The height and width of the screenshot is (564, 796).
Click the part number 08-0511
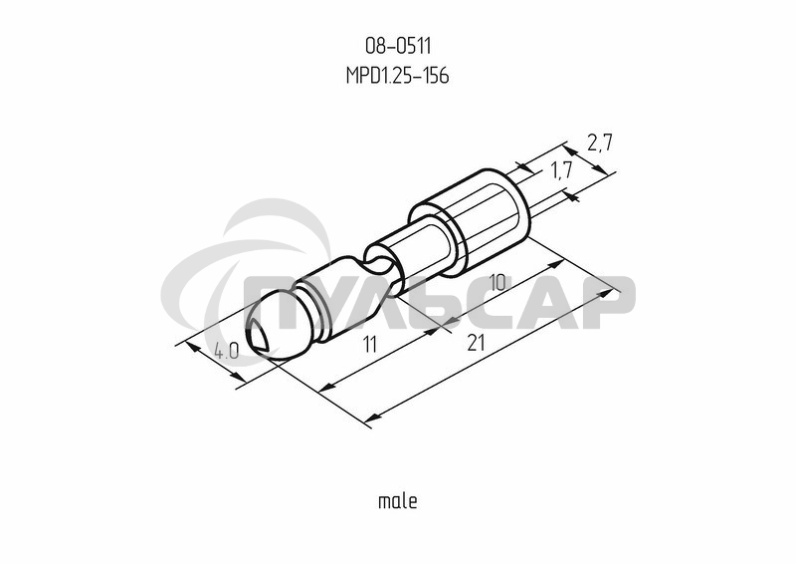[x=397, y=45]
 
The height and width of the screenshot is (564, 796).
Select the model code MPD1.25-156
[x=397, y=76]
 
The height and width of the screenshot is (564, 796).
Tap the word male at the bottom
[x=397, y=500]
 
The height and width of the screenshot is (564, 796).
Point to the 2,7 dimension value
[x=598, y=142]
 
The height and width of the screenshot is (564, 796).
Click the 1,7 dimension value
[x=561, y=170]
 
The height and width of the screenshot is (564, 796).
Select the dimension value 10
[x=498, y=283]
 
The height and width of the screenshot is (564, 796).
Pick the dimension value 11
[x=370, y=345]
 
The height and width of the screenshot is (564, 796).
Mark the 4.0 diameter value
[x=226, y=351]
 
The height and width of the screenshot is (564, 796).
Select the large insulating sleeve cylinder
[x=478, y=214]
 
